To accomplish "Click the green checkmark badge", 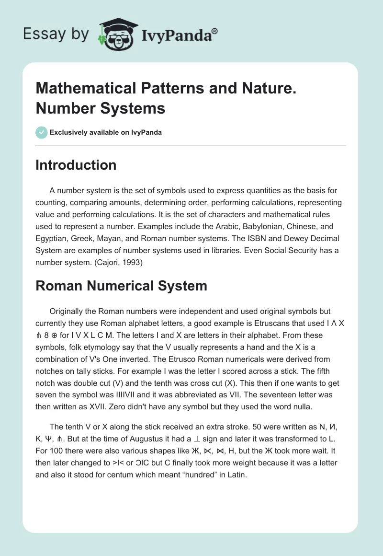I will pyautogui.click(x=42, y=132).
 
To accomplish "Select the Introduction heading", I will pyautogui.click(x=76, y=165).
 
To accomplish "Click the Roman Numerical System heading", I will pyautogui.click(x=121, y=286).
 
